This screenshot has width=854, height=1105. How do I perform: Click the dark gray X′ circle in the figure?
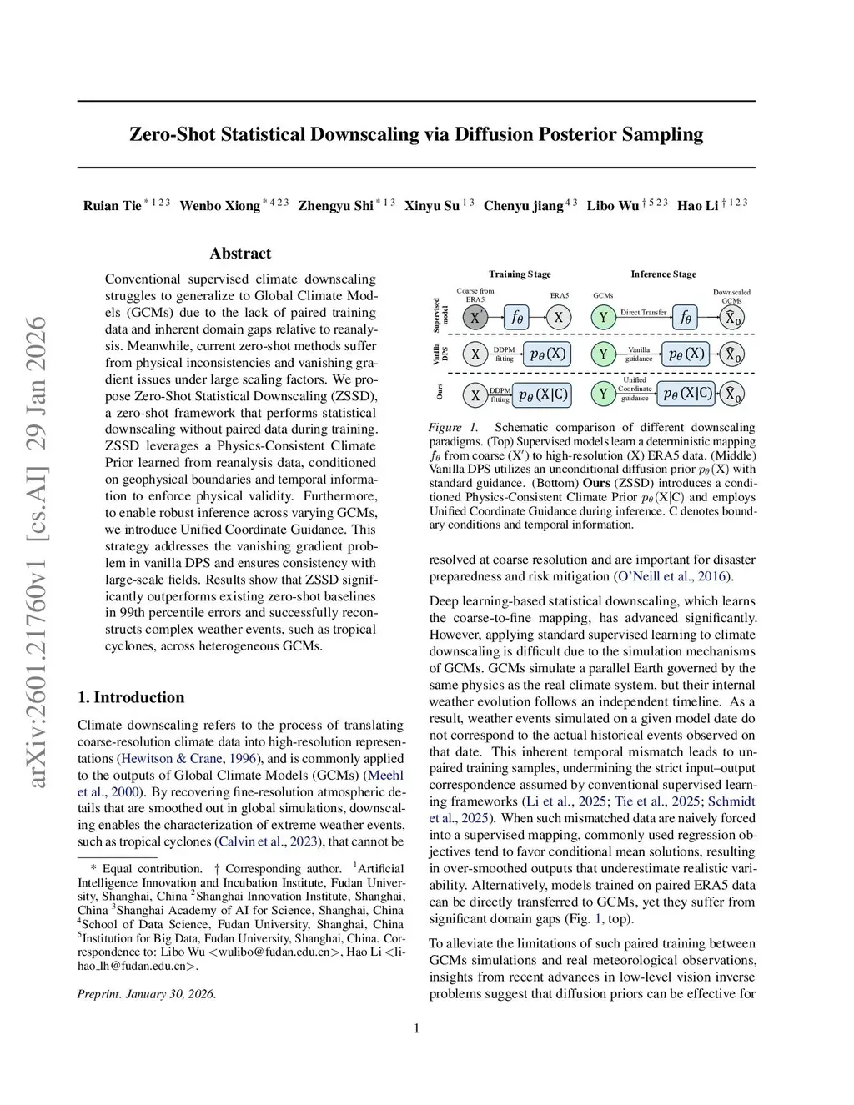[475, 317]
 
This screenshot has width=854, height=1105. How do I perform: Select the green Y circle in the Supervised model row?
[603, 317]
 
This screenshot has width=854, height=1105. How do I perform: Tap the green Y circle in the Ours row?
[603, 394]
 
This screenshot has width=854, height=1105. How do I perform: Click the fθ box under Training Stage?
[517, 317]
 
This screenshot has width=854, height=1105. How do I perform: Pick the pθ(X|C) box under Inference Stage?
[687, 394]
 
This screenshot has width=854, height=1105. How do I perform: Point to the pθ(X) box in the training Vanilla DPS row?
[548, 354]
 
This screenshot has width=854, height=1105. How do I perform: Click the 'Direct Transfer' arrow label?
[643, 312]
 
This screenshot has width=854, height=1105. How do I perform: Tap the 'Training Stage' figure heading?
[520, 274]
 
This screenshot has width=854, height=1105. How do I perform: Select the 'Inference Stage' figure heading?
[663, 274]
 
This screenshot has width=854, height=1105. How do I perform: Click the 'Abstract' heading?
[240, 254]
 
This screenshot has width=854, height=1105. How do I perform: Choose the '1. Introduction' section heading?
[131, 697]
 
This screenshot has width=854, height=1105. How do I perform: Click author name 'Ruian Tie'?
[112, 206]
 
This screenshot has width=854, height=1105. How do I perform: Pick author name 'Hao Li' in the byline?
[697, 206]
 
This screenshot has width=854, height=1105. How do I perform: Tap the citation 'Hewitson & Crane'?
[172, 759]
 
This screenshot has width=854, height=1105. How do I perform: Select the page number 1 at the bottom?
[416, 1028]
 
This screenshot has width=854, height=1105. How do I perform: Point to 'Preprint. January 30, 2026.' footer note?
[147, 994]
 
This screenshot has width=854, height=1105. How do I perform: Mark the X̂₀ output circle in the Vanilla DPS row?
[731, 354]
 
